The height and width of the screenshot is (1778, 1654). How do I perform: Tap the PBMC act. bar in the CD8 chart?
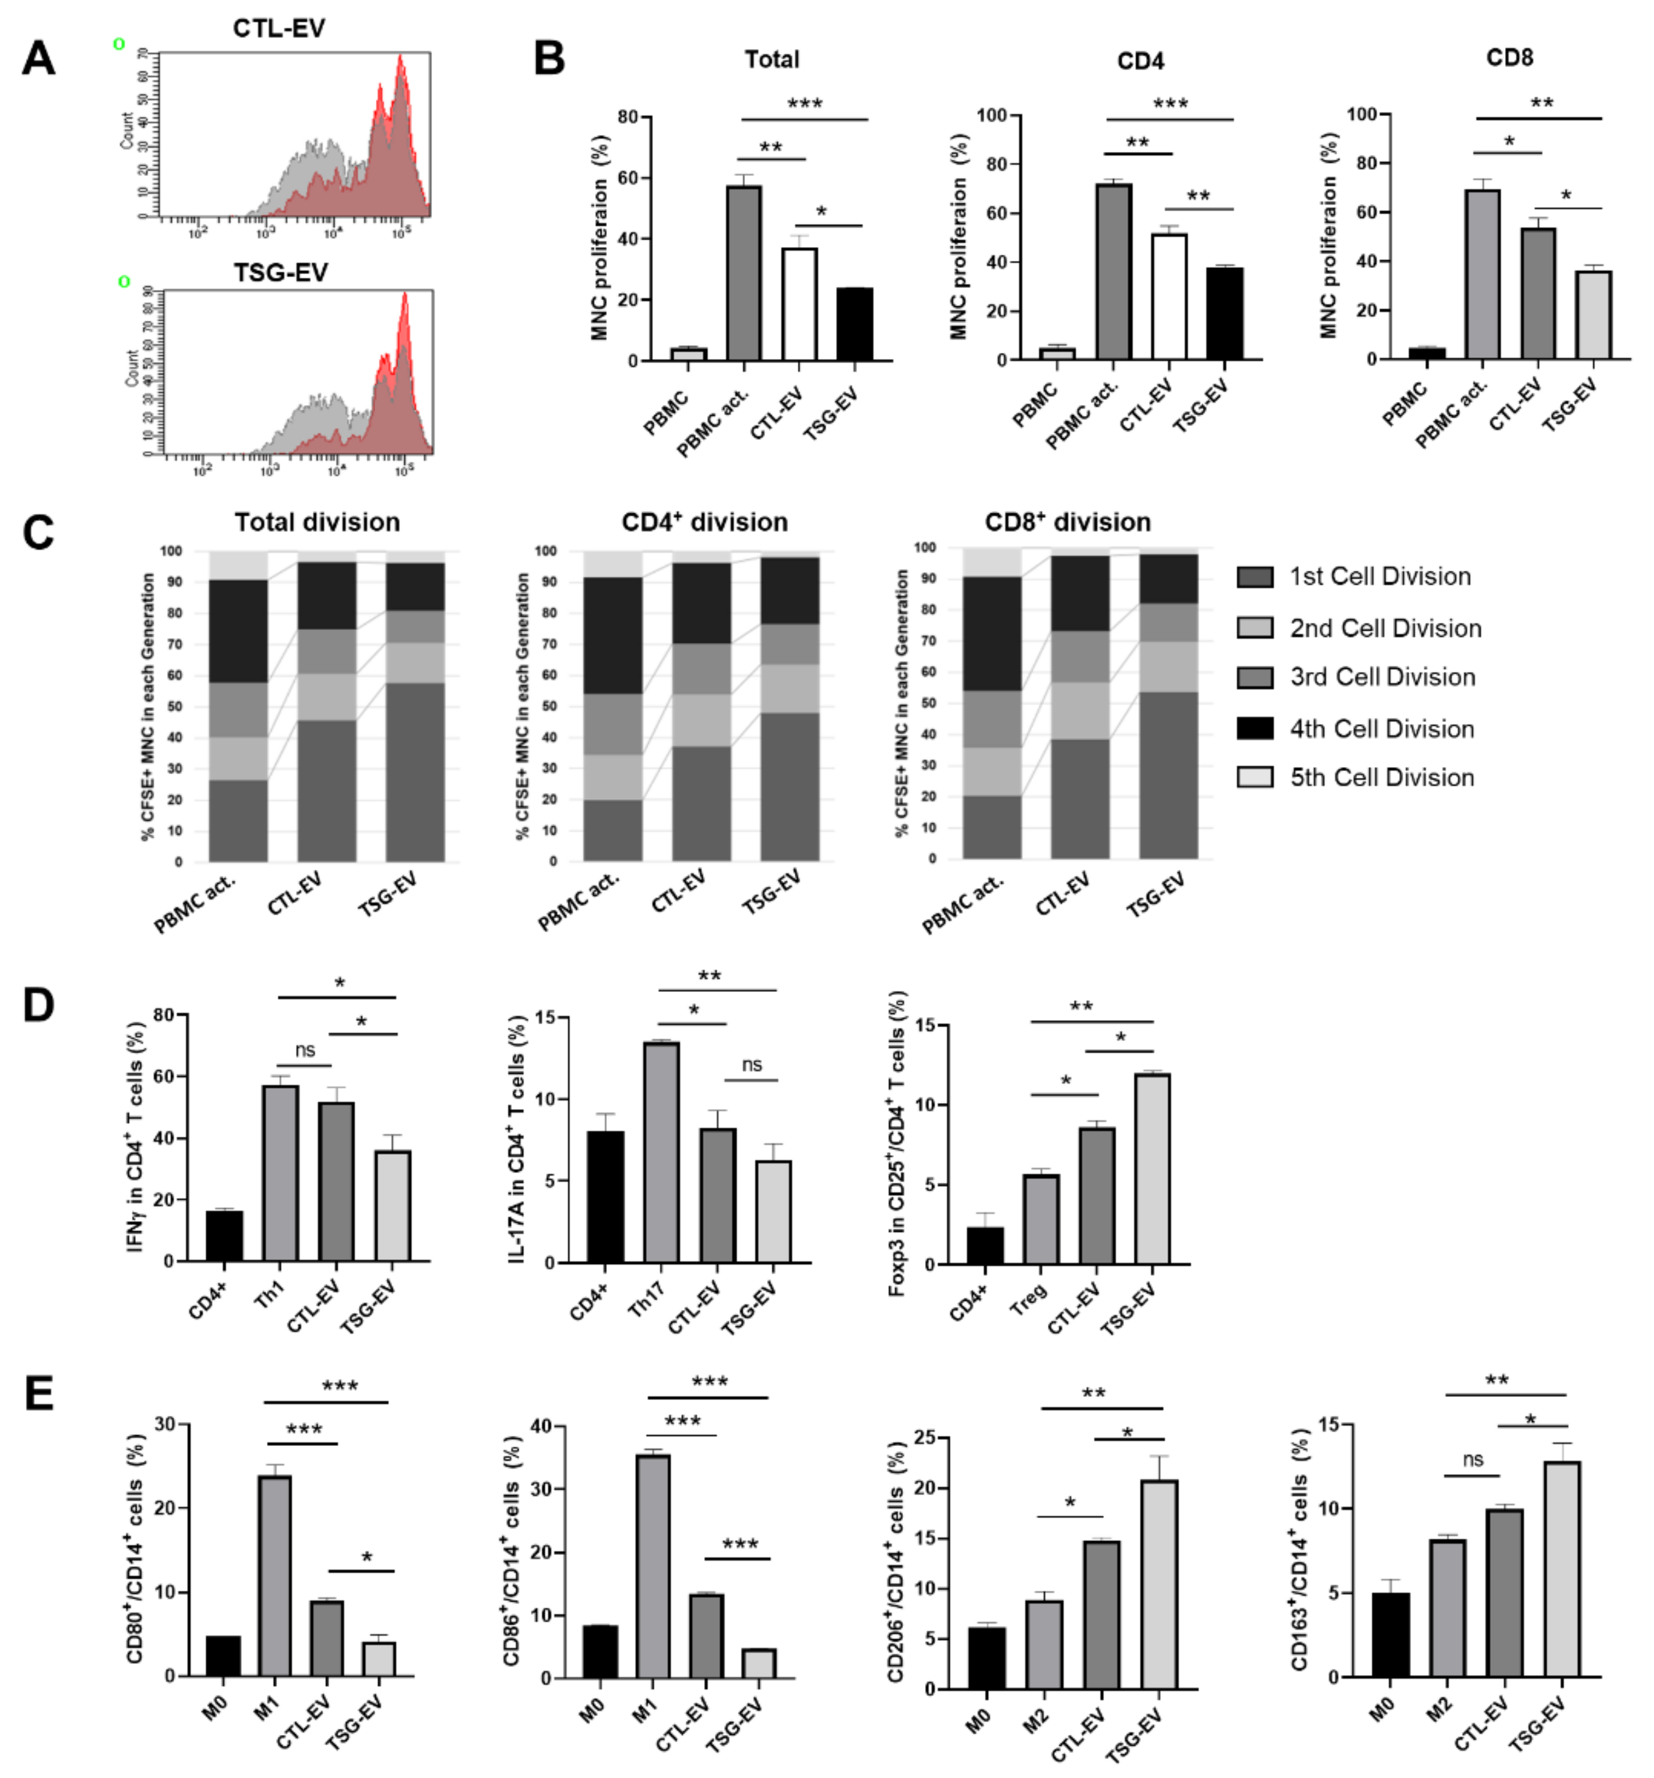[1481, 273]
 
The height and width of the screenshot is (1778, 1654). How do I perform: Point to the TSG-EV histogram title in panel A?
[280, 272]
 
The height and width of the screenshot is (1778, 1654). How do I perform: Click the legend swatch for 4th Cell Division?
[1254, 728]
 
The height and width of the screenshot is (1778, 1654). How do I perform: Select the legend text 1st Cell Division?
[1379, 577]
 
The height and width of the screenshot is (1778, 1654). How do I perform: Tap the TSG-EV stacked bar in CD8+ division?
[1167, 707]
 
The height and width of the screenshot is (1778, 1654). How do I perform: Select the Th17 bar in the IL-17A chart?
[661, 1152]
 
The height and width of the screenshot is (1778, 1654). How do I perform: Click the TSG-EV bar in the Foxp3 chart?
[1152, 1168]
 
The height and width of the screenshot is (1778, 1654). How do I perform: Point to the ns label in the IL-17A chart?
[752, 1064]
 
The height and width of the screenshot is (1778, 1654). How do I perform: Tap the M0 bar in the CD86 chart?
[600, 1651]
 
